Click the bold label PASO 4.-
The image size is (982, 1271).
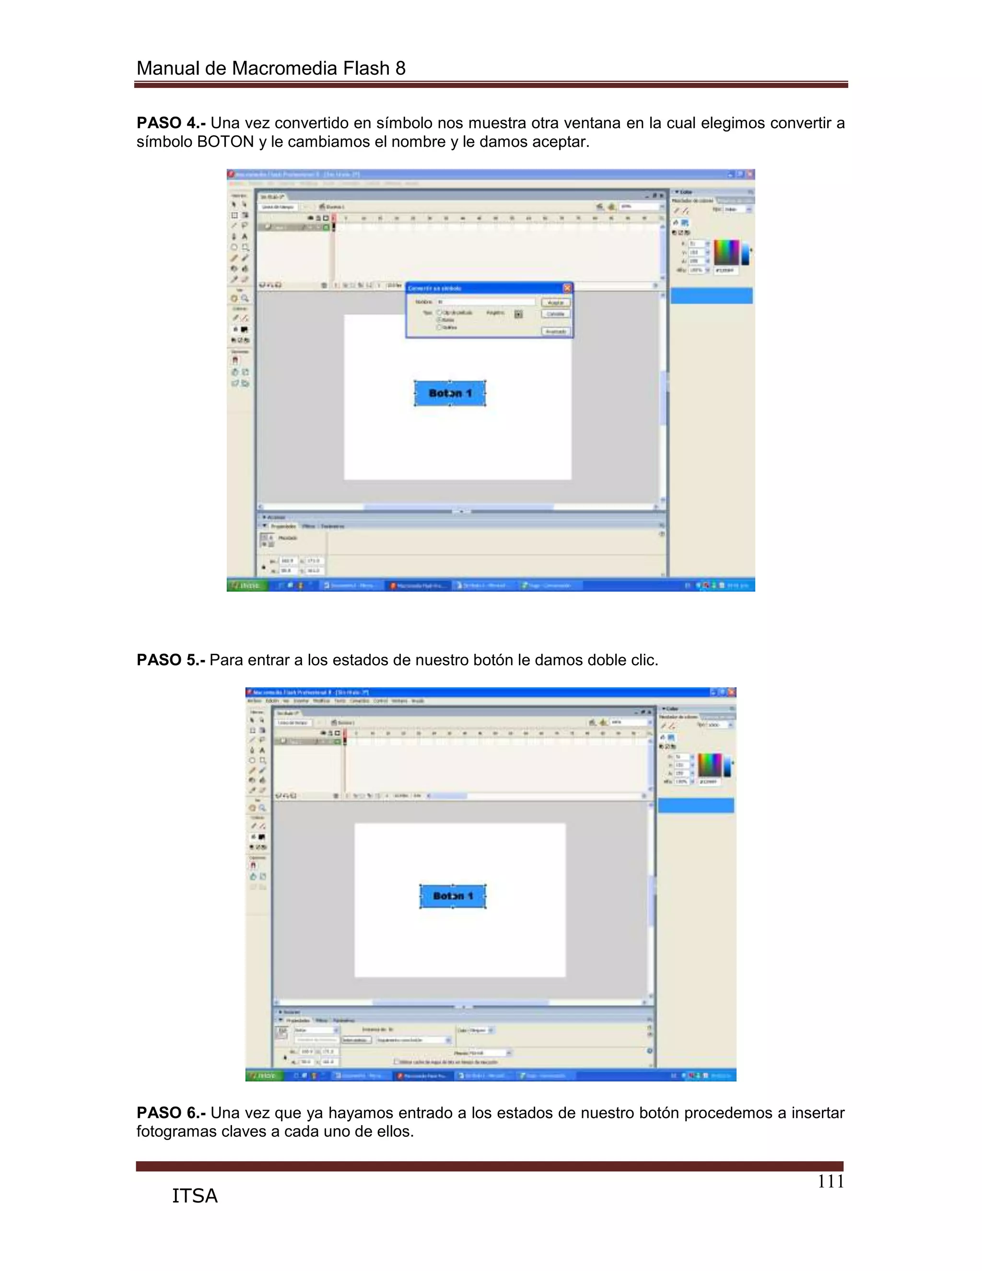170,123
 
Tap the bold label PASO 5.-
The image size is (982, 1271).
170,660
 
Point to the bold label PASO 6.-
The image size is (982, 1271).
170,1113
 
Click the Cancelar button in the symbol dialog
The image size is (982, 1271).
556,314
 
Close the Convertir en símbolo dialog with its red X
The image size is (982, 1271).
567,288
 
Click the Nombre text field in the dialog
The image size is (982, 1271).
485,302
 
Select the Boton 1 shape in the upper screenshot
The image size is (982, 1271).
450,393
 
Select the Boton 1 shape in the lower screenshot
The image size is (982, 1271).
453,896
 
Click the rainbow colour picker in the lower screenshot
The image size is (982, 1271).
710,765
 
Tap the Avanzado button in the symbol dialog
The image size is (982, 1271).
556,331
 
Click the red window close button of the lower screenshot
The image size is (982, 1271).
731,692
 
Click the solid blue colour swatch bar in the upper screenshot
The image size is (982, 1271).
712,295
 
